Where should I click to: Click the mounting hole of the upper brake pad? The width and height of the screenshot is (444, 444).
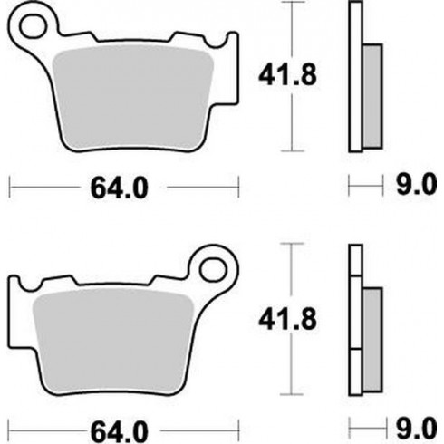[x=34, y=22]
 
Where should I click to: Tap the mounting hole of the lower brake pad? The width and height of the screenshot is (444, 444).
[x=215, y=267]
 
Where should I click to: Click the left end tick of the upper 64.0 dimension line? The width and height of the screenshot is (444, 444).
[x=9, y=188]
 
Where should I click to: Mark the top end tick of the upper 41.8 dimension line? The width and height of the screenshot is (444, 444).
[x=291, y=3]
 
